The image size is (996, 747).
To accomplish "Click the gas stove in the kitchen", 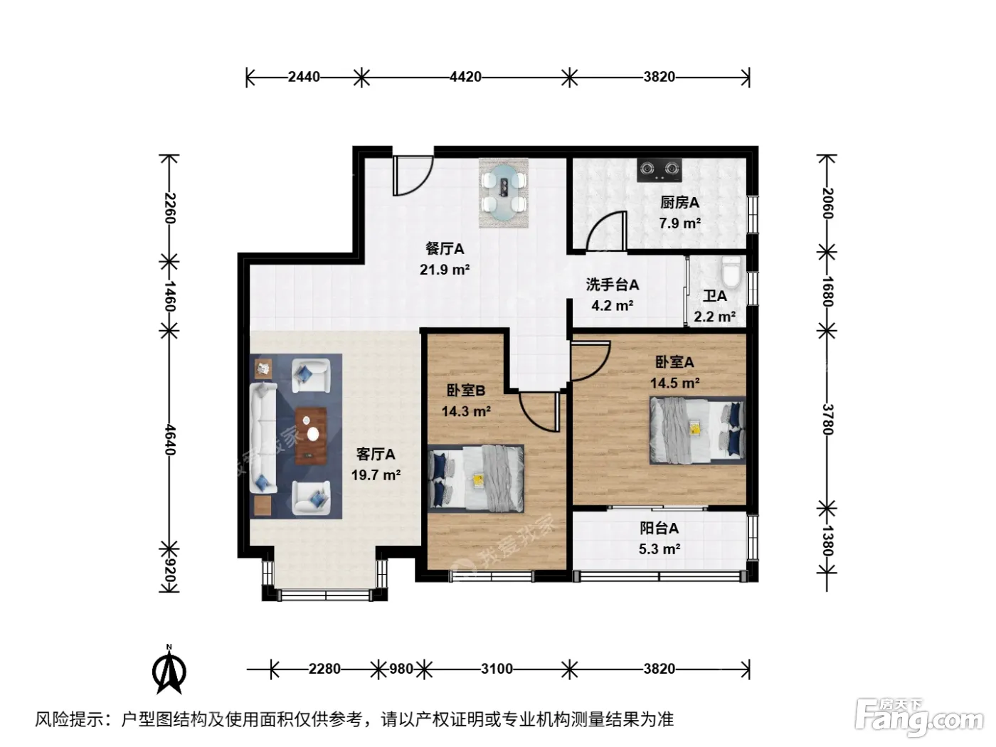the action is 659,170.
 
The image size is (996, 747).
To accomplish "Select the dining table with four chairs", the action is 504,193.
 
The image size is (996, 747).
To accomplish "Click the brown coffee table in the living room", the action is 311,436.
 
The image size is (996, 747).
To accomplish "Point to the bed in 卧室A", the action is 697,430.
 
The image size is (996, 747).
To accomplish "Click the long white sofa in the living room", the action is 263,438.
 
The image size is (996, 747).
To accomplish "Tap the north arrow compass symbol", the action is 169,671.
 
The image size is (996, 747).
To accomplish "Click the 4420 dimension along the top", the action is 465,77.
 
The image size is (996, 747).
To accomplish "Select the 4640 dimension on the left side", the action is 170,440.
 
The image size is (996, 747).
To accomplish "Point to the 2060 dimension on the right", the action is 827,203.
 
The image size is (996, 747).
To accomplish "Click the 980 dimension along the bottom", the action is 401,669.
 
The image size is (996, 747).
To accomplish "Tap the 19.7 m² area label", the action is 376,475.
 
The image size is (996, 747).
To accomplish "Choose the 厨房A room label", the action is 679,203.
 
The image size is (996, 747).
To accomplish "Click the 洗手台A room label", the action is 612,285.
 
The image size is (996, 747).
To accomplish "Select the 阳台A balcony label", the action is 659,529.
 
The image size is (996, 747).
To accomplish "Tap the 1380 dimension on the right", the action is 827,541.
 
